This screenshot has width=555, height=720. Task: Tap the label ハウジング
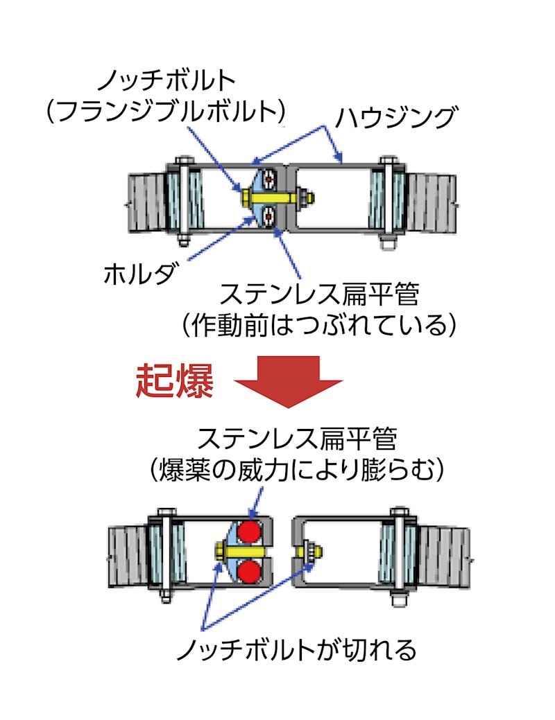(x=396, y=116)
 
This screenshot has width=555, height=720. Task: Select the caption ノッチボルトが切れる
(x=296, y=649)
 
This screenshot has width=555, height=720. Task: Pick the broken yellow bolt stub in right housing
(x=304, y=552)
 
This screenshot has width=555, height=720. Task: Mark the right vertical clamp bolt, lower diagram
(x=400, y=554)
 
